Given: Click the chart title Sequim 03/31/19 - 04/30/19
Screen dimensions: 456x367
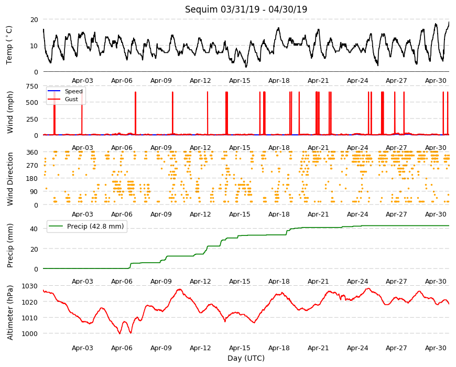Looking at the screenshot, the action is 246,9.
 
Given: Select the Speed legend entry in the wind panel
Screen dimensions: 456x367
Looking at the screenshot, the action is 73,91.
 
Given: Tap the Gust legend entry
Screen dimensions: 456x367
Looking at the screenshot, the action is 71,99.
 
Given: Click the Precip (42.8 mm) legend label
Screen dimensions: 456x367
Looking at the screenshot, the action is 95,226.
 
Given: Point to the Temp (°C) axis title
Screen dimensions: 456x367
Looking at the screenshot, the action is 9,45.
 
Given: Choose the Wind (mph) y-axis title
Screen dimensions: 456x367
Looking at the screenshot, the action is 10,112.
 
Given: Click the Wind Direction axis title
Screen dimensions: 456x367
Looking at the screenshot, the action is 10,179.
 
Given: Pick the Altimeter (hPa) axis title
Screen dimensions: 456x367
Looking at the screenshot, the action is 10,312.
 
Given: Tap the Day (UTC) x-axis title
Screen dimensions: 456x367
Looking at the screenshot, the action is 246,358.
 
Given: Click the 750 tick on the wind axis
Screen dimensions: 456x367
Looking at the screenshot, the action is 32,86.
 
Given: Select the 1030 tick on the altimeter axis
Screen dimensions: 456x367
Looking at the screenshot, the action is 30,286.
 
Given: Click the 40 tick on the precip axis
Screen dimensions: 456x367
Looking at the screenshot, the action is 34,229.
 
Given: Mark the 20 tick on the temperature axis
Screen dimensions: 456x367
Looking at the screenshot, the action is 34,19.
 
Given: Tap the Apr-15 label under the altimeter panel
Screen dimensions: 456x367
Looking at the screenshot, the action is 240,348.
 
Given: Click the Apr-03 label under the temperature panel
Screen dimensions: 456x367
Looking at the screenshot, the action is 82,81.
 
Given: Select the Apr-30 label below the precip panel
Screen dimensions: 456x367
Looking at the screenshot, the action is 436,281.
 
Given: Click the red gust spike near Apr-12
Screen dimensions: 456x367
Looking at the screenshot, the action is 208,113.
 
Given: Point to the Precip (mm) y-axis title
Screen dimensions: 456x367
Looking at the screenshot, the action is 10,245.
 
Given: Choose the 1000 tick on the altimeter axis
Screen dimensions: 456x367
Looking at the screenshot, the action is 30,333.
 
